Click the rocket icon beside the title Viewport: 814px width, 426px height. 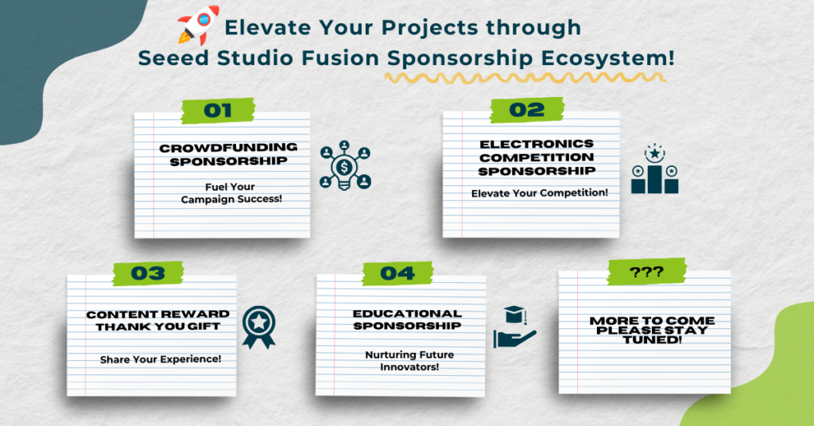(x=198, y=25)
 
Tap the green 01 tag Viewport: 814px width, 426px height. (x=218, y=110)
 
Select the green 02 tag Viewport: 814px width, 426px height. (x=527, y=110)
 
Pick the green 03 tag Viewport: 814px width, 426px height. (x=148, y=273)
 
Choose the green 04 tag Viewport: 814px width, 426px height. (x=397, y=273)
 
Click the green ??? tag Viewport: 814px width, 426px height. (x=646, y=272)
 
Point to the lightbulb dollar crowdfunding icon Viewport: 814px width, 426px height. (x=345, y=165)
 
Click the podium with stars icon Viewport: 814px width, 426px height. (x=655, y=169)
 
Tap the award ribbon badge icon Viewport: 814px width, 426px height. (x=258, y=327)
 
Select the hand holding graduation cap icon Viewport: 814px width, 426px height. (x=514, y=327)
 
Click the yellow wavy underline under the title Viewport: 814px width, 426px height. (x=525, y=78)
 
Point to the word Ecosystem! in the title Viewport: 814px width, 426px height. (x=608, y=58)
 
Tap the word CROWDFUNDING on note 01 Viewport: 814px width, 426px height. (x=228, y=148)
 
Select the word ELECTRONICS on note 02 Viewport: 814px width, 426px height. (x=537, y=144)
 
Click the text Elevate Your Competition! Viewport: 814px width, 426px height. (x=540, y=193)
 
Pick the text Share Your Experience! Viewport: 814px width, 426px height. (x=161, y=359)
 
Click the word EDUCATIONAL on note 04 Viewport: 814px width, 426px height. (x=407, y=314)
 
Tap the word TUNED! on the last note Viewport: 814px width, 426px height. (x=653, y=340)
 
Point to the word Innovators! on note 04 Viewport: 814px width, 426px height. (x=409, y=367)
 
